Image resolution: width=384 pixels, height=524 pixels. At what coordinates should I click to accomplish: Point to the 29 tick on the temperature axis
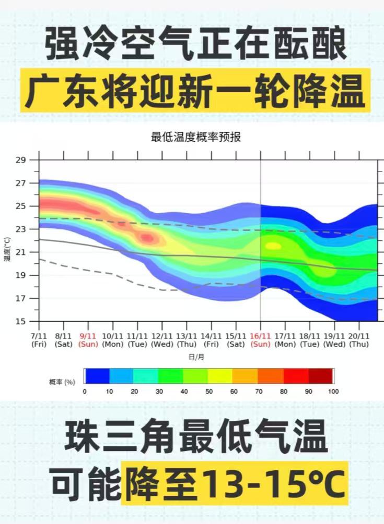[x=21, y=160]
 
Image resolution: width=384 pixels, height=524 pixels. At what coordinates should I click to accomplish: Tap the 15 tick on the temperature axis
[x=21, y=322]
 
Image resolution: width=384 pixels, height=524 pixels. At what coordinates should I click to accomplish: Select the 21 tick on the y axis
[x=21, y=252]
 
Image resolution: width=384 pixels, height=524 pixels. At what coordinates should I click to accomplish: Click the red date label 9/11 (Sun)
[x=88, y=340]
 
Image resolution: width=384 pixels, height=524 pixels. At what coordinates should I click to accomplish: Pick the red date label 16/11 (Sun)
[x=260, y=340]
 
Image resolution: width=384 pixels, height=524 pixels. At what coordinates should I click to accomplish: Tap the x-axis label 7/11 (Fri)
[x=39, y=340]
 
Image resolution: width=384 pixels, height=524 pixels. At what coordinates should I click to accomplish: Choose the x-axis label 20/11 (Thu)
[x=359, y=340]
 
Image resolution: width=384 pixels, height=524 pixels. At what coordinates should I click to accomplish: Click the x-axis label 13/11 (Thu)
[x=187, y=340]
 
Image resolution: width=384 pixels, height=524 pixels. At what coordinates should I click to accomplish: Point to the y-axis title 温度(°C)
[x=7, y=248]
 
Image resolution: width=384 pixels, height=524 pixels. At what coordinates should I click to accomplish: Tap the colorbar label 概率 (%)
[x=62, y=382]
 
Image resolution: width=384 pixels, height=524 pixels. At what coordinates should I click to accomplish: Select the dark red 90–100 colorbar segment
[x=320, y=376]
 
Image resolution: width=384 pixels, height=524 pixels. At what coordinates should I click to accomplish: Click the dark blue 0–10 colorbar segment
[x=97, y=376]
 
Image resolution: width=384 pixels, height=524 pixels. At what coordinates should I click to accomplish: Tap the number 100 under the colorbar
[x=333, y=392]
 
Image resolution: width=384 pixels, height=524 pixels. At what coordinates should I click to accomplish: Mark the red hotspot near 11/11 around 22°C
[x=147, y=238]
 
